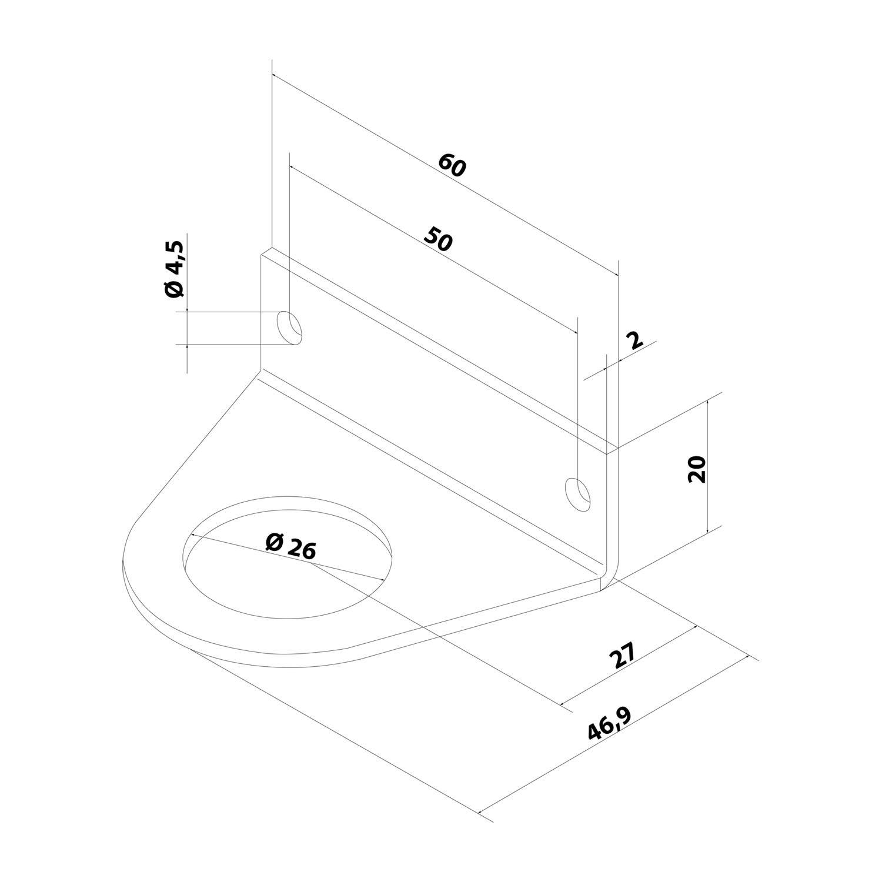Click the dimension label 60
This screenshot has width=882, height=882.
coord(452,165)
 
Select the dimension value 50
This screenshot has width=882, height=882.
coord(439,239)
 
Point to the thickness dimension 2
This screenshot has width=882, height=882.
coord(634,340)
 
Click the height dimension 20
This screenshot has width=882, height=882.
coord(697,469)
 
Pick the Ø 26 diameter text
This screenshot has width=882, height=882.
coord(290,546)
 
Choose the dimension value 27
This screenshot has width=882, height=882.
coord(622,656)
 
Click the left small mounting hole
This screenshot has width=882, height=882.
coord(289,328)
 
